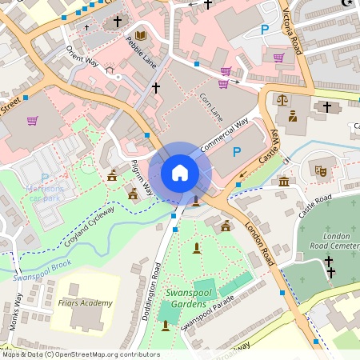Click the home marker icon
180,173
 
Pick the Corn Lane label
210,107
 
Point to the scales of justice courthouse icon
282,100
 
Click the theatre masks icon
319,169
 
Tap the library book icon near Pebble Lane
141,35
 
